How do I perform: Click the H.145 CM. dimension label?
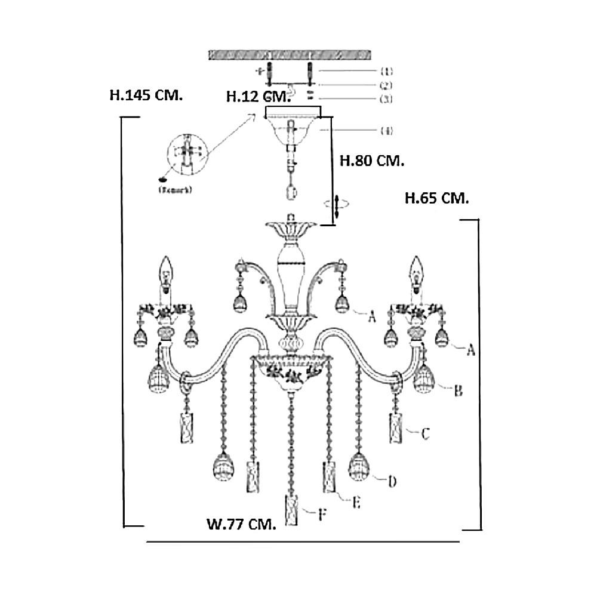146,95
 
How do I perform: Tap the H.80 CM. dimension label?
371,161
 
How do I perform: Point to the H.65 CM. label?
436,198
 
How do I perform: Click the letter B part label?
458,391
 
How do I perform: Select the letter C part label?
425,434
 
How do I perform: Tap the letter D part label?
392,481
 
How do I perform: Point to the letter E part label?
356,503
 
